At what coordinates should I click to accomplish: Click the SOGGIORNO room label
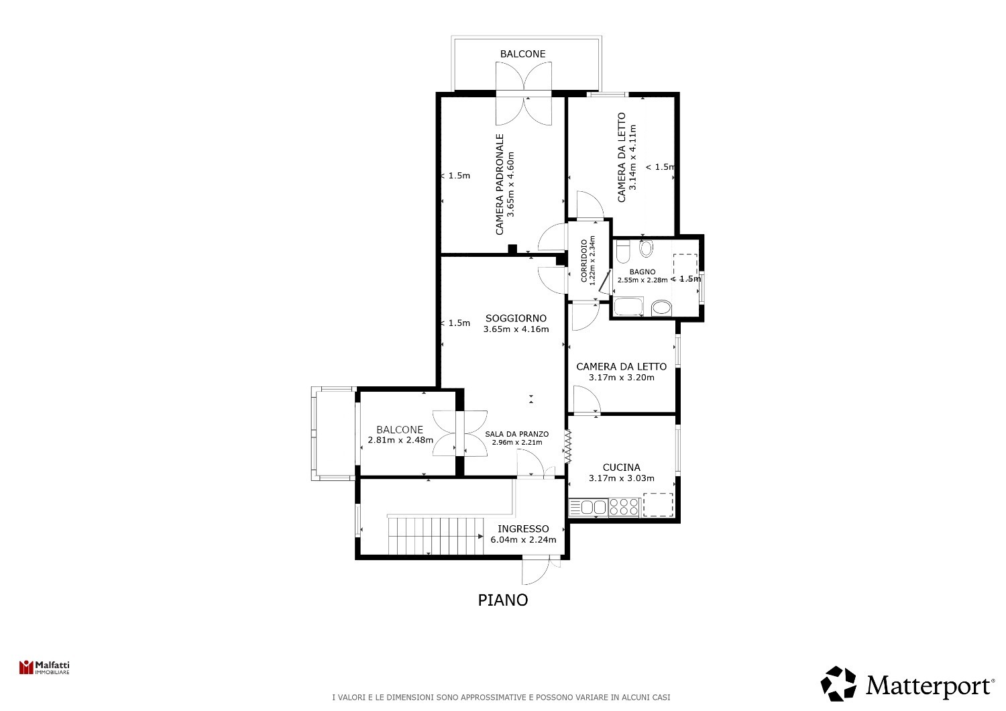[x=516, y=319]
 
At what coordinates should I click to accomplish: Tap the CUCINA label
[x=622, y=468]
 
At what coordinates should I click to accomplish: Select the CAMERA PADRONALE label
[x=500, y=184]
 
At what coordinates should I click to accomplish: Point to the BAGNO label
[x=642, y=272]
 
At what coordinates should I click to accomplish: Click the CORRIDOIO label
[x=584, y=260]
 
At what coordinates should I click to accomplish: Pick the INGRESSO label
[x=523, y=529]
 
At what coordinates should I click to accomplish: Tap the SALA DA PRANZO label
[x=517, y=435]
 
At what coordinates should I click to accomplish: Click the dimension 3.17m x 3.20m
[x=622, y=378]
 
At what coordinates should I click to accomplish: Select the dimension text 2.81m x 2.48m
[x=400, y=440]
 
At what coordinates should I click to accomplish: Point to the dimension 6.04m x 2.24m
[x=523, y=540]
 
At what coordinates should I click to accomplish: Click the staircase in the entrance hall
[x=436, y=536]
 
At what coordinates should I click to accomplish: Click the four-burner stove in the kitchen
[x=623, y=508]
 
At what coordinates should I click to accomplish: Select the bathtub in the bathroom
[x=629, y=307]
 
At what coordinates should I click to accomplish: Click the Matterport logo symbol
[x=838, y=684]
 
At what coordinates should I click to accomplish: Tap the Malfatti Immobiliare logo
[x=44, y=667]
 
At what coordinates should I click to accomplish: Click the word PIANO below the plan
[x=503, y=600]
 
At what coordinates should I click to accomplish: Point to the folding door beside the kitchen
[x=567, y=447]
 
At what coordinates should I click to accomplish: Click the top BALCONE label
[x=522, y=54]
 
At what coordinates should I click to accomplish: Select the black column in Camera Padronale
[x=512, y=249]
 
